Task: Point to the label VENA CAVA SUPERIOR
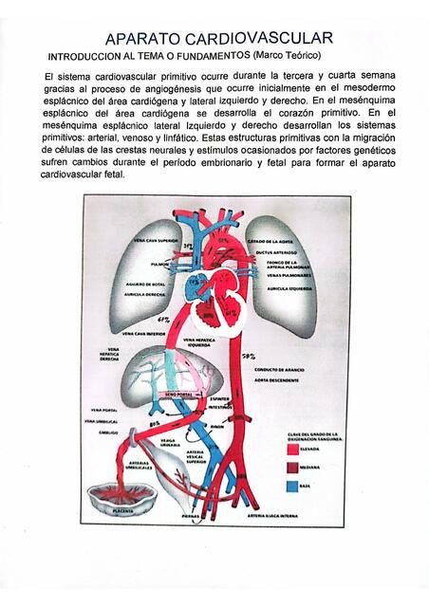[x=156, y=241]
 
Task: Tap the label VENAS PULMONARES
[x=288, y=276]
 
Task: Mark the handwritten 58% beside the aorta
[x=249, y=356]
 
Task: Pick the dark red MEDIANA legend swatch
[x=292, y=467]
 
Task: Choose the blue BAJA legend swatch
[x=292, y=486]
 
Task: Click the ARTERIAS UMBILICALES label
[x=143, y=466]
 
